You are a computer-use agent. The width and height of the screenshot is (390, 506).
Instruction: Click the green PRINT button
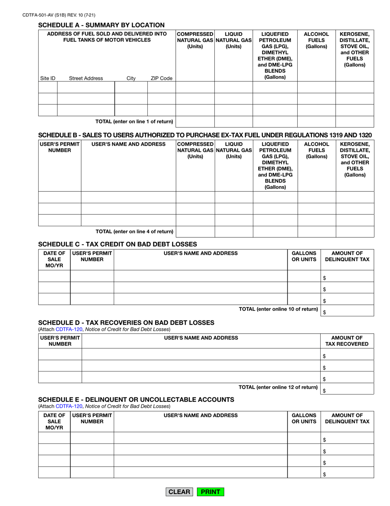click(x=211, y=492)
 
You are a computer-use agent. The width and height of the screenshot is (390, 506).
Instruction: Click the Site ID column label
click(x=48, y=78)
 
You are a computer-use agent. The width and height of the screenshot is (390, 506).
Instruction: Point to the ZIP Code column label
click(x=161, y=78)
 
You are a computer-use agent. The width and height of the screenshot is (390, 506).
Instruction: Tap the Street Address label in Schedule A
click(x=86, y=78)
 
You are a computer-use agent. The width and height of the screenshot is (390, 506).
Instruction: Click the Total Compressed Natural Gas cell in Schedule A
click(x=195, y=122)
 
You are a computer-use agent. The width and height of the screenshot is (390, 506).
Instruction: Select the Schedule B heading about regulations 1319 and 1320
click(x=205, y=135)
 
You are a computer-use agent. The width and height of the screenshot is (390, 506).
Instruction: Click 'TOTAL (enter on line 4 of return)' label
click(x=134, y=232)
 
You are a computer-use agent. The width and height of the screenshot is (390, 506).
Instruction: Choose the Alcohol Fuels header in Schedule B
click(x=316, y=148)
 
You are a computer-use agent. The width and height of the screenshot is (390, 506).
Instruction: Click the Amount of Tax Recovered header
click(x=347, y=341)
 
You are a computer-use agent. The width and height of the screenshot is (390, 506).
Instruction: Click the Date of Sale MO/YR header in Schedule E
click(x=54, y=422)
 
